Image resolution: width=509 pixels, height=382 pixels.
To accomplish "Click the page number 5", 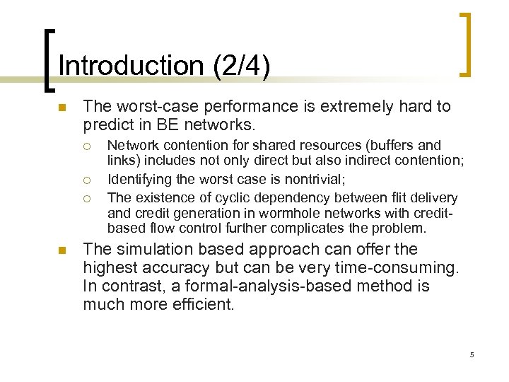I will [472, 354].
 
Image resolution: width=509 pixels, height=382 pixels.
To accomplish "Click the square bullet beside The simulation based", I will [62, 250].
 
